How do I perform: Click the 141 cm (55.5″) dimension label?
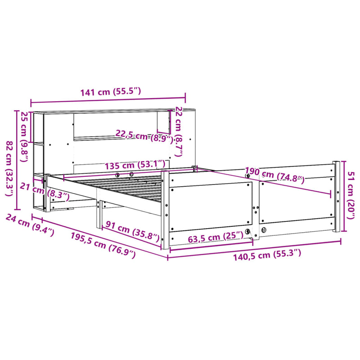click(x=111, y=92)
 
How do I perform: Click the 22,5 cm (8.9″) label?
click(x=144, y=136)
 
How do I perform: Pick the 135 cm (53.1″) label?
click(x=135, y=165)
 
